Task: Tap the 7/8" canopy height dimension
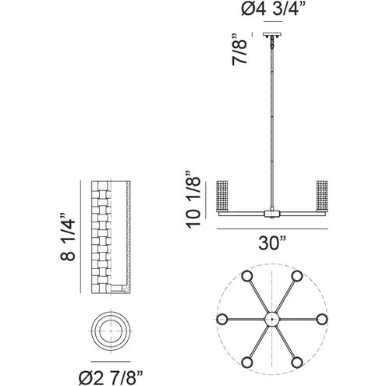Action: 239,49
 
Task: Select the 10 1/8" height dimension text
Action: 193,200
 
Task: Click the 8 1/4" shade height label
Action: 68,237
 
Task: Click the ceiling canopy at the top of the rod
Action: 272,34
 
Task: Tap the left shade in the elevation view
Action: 222,196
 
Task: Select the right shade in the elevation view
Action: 322,196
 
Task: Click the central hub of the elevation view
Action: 272,214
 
